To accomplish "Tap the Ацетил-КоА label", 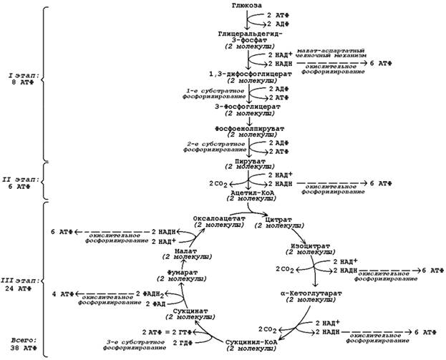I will pyautogui.click(x=249, y=193).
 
